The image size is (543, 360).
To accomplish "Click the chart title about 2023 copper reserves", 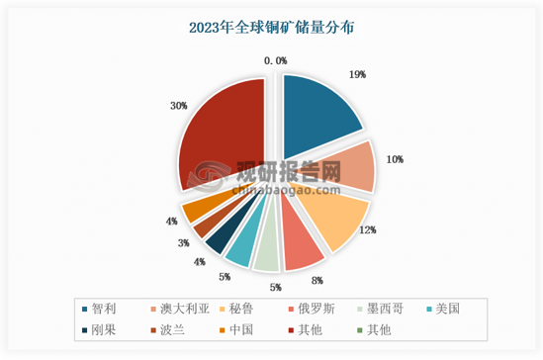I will click(272, 29).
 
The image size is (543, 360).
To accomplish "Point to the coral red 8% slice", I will click(302, 248).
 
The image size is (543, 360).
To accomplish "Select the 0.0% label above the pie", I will click(275, 61).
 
